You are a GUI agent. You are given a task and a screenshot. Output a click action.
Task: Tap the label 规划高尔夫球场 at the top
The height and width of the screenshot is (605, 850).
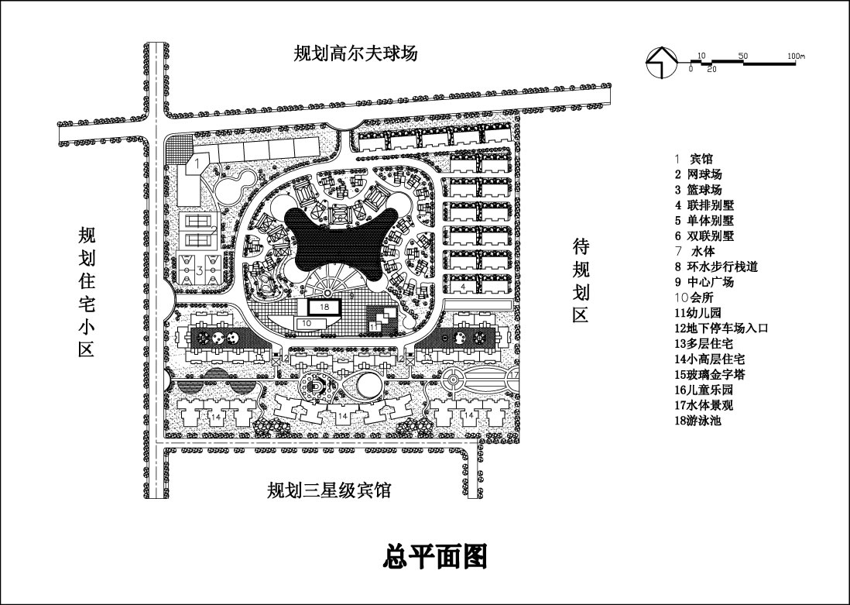pos(355,53)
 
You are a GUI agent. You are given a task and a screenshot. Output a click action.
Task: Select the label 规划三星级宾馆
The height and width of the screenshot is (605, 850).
pos(329,490)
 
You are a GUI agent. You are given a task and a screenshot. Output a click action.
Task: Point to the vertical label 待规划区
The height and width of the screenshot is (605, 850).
pos(581,280)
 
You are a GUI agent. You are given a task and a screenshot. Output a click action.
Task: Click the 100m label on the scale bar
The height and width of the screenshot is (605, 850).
pos(795,57)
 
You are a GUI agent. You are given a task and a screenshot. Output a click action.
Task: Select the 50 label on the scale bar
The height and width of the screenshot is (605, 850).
pos(742,57)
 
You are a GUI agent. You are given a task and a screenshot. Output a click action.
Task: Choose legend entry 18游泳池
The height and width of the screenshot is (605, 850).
pos(697,421)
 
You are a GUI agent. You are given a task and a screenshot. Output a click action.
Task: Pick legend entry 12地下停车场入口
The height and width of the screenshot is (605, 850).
pos(721,328)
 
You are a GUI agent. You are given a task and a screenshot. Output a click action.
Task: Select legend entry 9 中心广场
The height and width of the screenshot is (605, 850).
pos(704,282)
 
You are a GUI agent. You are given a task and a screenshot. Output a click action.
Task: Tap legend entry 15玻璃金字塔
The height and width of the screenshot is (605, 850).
pos(709,375)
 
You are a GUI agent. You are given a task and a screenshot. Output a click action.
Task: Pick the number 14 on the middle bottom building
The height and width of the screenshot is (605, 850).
pos(342,416)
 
